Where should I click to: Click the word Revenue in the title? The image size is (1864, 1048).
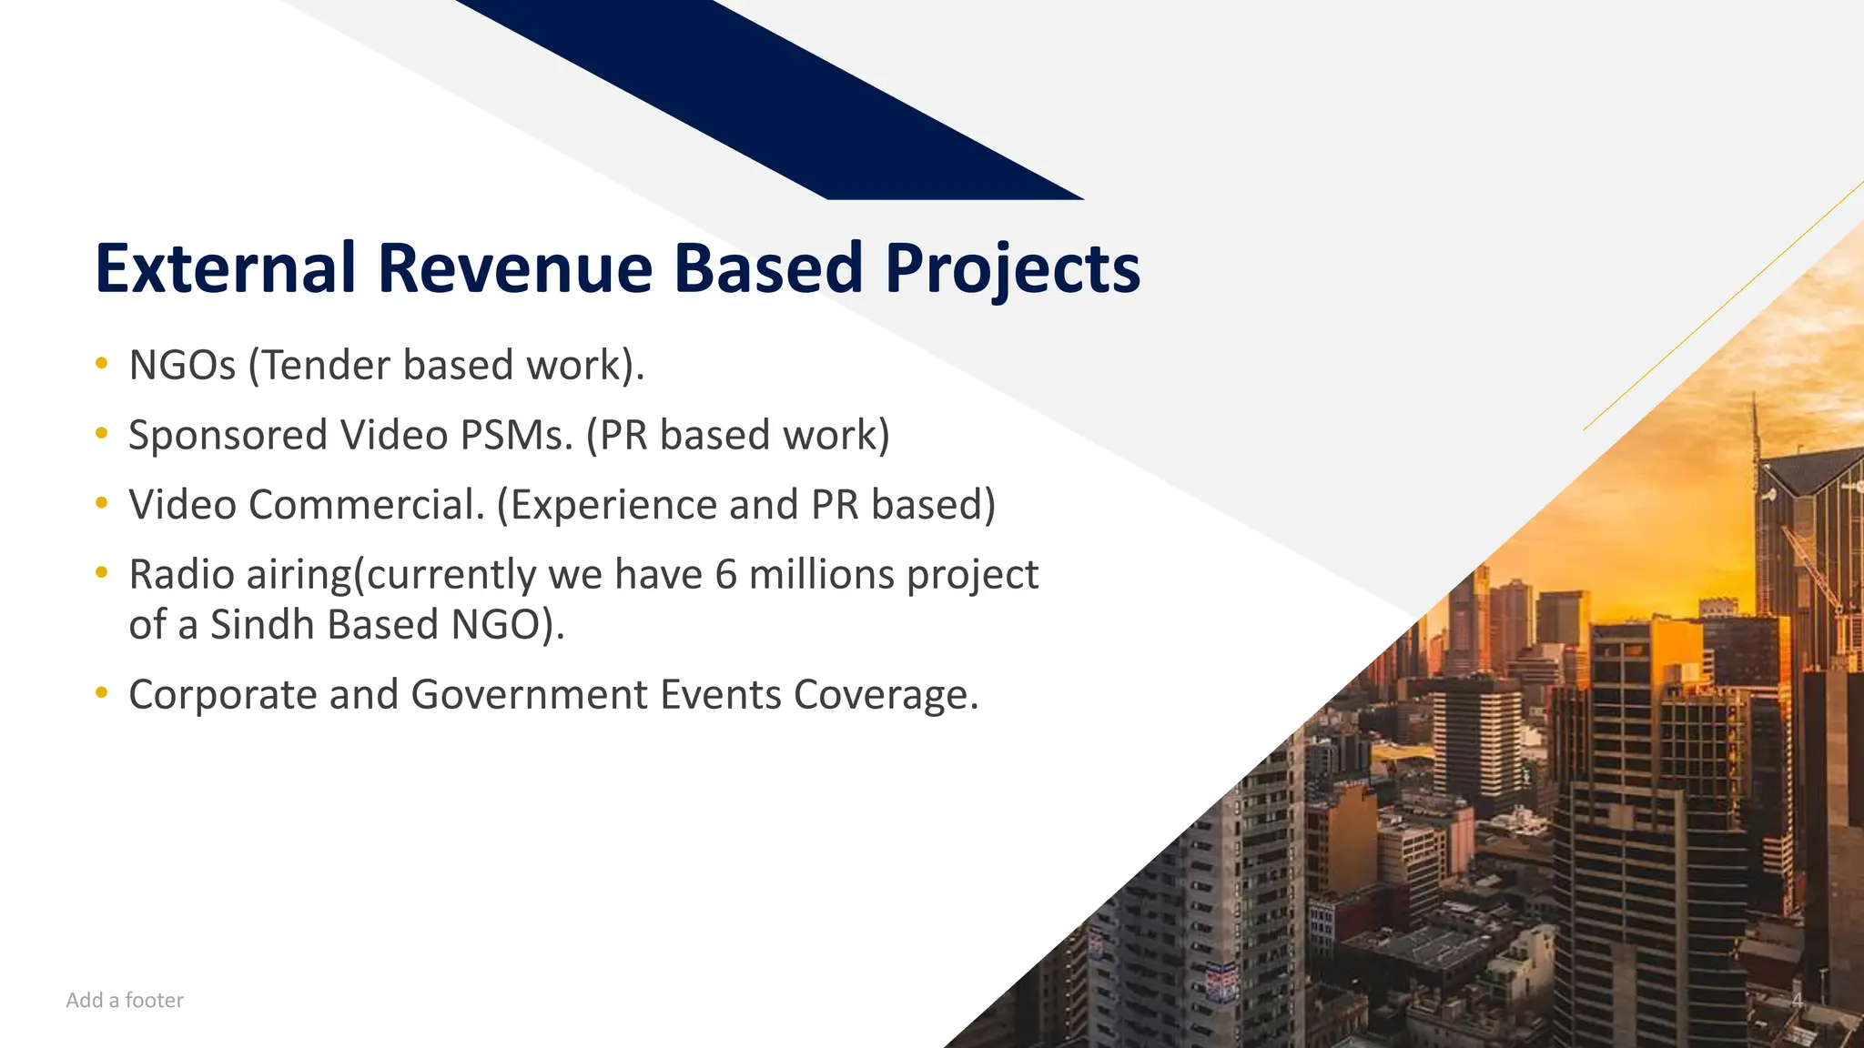(514, 268)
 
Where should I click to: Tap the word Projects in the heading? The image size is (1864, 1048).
(1012, 270)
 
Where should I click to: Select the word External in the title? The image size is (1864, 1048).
(225, 268)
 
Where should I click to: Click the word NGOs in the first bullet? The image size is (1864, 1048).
(182, 366)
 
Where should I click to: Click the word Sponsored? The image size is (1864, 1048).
(228, 436)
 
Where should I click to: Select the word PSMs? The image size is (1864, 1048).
(516, 436)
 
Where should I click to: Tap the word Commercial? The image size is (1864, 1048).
(366, 505)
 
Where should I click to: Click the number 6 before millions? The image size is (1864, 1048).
(725, 575)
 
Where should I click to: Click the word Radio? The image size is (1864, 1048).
(181, 575)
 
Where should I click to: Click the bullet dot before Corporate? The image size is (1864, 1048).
(102, 694)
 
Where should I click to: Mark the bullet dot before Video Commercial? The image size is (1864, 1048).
(102, 503)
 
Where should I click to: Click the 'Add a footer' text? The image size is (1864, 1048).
(125, 1000)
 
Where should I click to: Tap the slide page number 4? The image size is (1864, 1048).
(1797, 1001)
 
